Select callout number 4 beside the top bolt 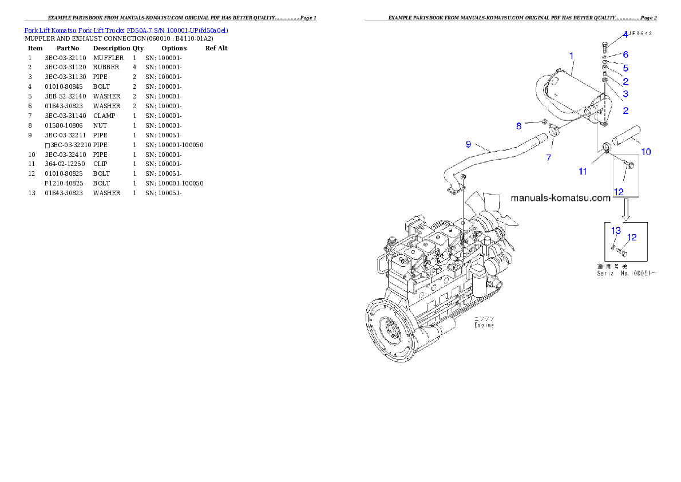click(625, 34)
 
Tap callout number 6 click(625, 55)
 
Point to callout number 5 click(625, 68)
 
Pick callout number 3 click(625, 94)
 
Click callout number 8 click(518, 125)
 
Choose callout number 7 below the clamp click(548, 157)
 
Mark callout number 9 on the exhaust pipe click(468, 144)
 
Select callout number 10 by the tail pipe click(646, 152)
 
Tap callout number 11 click(583, 171)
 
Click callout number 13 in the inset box click(616, 231)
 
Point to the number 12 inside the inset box click(632, 237)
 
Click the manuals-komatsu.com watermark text click(560, 199)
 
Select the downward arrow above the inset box click(626, 210)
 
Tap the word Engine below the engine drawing click(484, 325)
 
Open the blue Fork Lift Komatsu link click(126, 30)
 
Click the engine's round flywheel click(393, 332)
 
